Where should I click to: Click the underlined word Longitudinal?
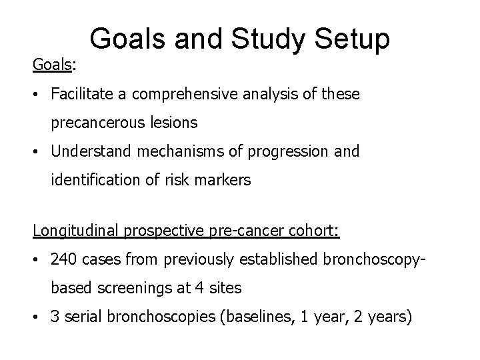[x=75, y=231]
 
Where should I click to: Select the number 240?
[x=65, y=260]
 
